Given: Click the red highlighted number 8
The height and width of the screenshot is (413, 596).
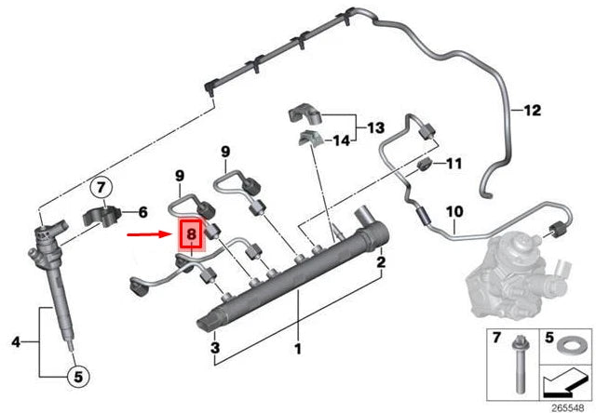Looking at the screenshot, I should pyautogui.click(x=190, y=236).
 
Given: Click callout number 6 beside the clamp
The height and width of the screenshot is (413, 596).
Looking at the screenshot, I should pyautogui.click(x=142, y=212).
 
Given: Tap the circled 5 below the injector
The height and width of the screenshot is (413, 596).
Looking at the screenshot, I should pyautogui.click(x=78, y=377).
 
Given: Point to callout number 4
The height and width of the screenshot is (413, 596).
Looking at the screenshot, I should pyautogui.click(x=15, y=342).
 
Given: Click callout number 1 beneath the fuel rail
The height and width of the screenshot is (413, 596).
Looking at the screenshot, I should pyautogui.click(x=298, y=350).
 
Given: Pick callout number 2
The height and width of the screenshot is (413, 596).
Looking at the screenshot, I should pyautogui.click(x=380, y=264).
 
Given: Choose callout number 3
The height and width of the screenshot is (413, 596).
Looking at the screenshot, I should pyautogui.click(x=214, y=349).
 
